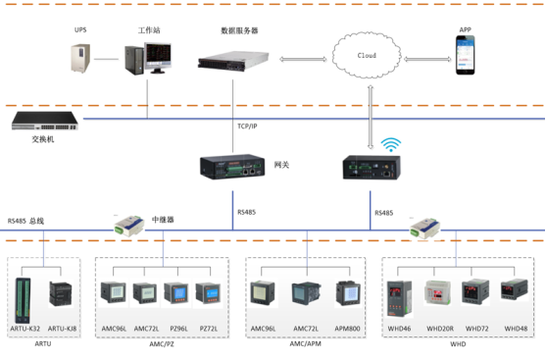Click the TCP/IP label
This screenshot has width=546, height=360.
249,127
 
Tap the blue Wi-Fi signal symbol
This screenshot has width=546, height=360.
391,146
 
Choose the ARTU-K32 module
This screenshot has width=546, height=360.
25,293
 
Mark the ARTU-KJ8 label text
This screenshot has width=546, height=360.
62,327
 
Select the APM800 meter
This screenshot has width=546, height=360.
348,293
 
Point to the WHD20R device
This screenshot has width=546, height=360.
438,293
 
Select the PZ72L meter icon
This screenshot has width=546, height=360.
209,293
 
